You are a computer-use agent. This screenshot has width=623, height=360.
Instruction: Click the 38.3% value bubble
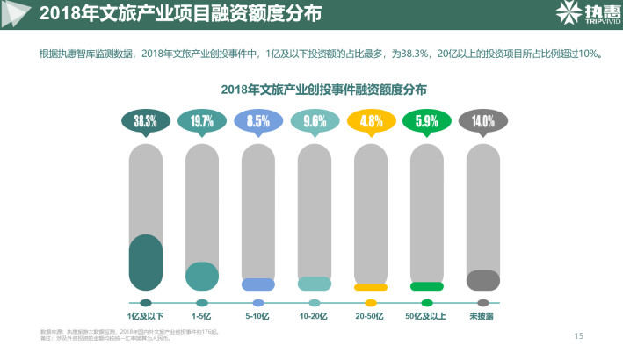tap(146, 120)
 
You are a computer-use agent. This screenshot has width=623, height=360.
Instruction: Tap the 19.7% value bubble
tap(202, 120)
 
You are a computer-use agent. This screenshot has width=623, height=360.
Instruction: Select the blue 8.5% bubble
tap(258, 120)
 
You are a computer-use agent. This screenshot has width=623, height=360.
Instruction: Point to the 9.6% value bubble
tap(315, 120)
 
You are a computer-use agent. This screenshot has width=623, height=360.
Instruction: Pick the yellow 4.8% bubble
tap(371, 120)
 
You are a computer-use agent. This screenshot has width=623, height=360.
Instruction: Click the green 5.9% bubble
tap(427, 120)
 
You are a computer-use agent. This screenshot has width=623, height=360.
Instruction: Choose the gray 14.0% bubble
tap(483, 120)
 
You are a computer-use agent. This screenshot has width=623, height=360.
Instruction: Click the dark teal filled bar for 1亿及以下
tap(146, 263)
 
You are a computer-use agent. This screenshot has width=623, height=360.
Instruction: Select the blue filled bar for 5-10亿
tap(258, 284)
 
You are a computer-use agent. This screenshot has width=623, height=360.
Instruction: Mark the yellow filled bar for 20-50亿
tap(371, 287)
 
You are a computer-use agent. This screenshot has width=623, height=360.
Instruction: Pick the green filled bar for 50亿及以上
tap(427, 286)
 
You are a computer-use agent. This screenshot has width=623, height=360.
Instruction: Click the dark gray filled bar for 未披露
tap(483, 280)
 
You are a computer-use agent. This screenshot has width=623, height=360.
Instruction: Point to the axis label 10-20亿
tap(314, 316)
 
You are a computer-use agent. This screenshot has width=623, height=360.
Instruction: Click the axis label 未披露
tap(482, 316)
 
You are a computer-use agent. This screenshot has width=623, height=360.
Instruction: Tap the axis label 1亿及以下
tap(146, 316)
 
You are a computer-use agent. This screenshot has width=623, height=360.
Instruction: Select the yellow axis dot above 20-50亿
tap(371, 303)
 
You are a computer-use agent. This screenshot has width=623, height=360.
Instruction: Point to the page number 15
tap(578, 335)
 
